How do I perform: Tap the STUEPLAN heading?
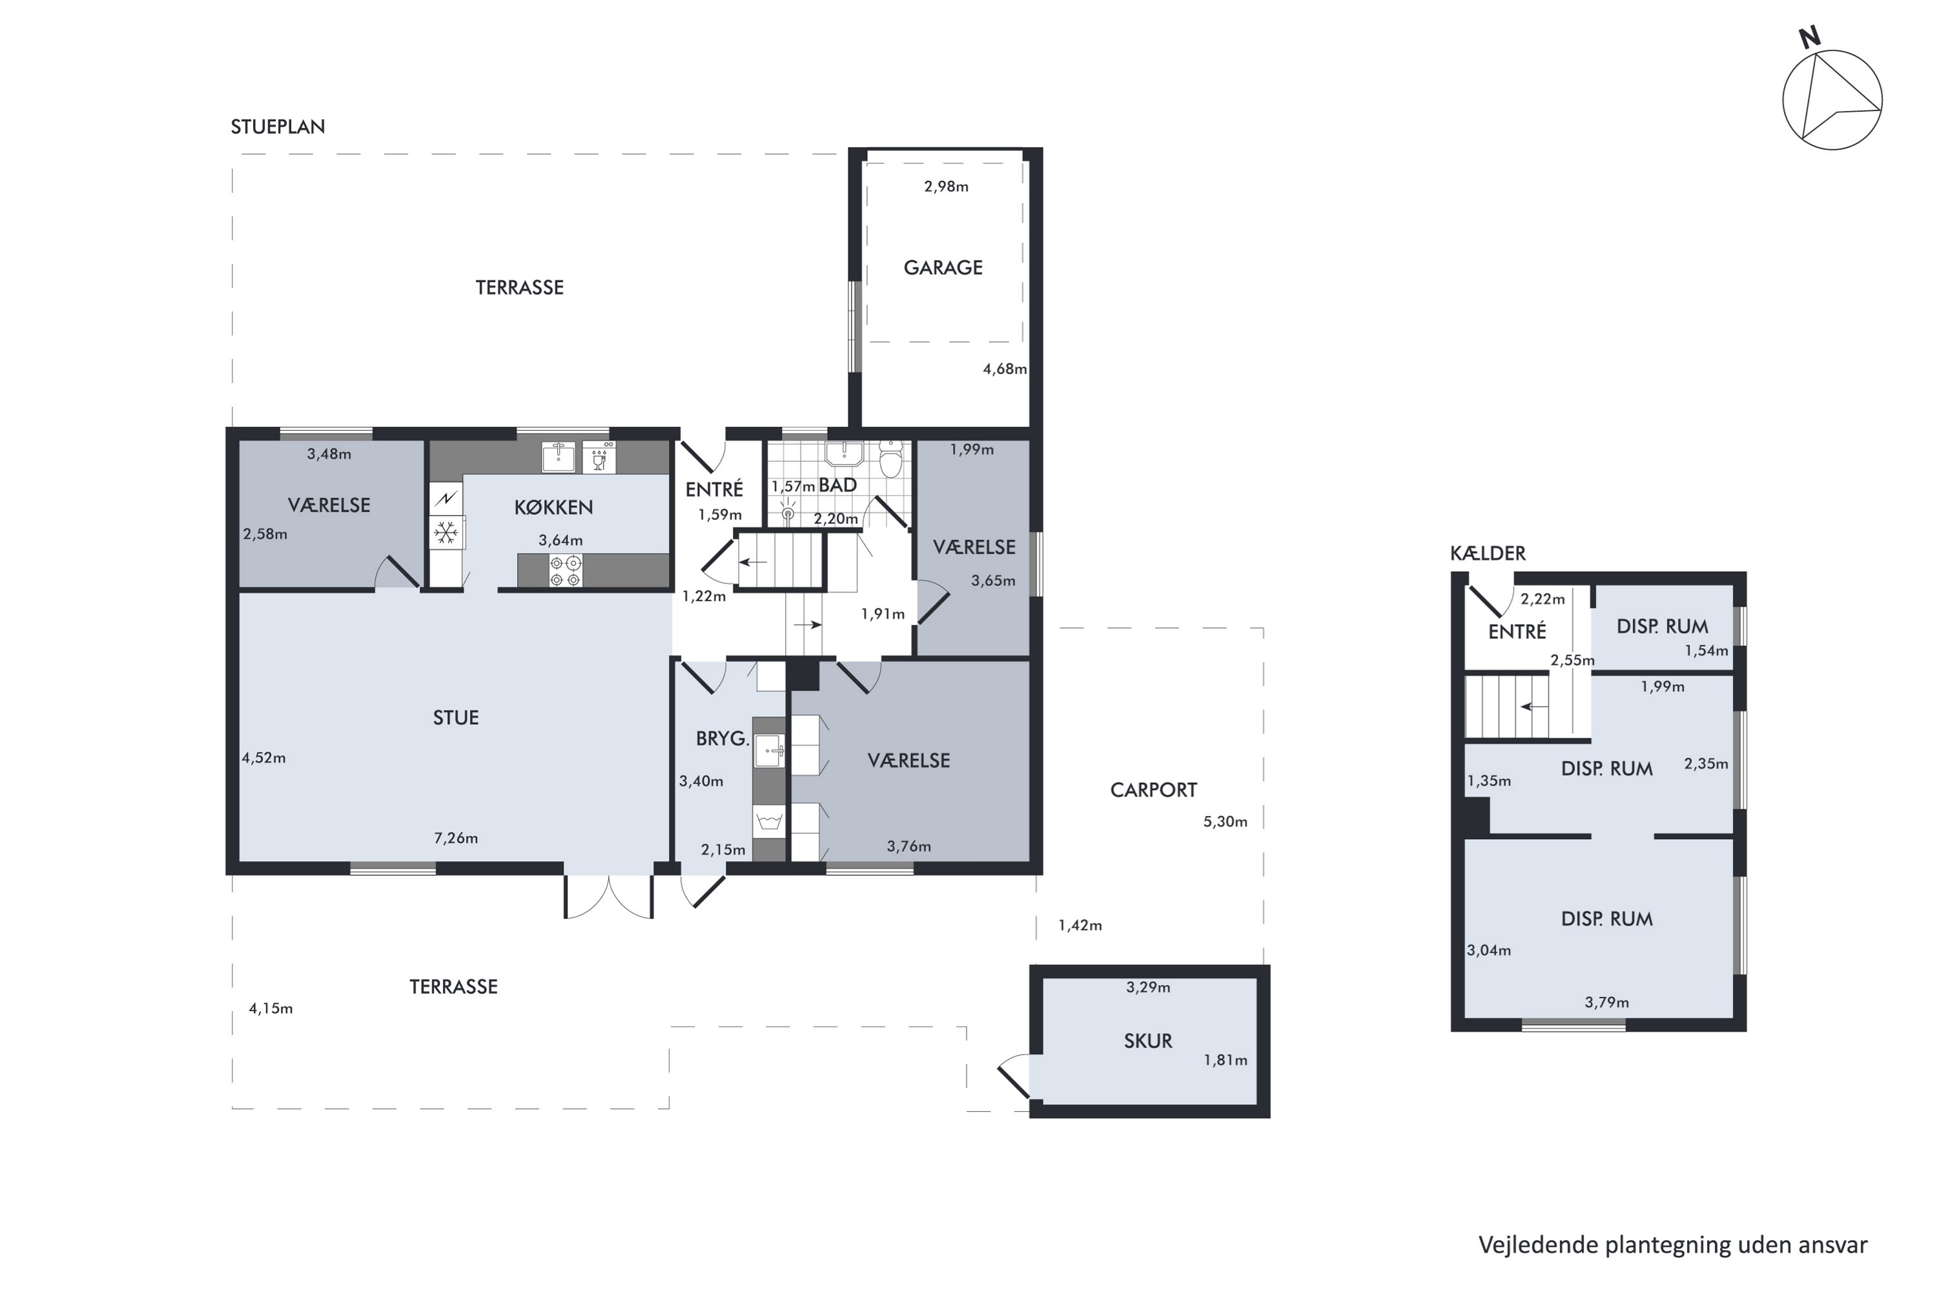[278, 127]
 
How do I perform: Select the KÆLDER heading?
[1488, 553]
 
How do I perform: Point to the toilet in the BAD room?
[891, 458]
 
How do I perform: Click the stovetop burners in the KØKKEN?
[566, 570]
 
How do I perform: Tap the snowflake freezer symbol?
[446, 532]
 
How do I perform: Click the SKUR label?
[1148, 1041]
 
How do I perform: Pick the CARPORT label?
[1153, 789]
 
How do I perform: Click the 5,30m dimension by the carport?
[1225, 822]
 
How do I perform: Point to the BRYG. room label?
[723, 738]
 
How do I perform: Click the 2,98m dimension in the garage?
[947, 186]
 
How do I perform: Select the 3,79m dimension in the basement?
[1607, 1003]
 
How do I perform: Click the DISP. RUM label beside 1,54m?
[1662, 626]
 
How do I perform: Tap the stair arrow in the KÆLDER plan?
[1534, 706]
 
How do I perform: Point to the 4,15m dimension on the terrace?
[271, 1008]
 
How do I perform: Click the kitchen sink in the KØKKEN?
[559, 457]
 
